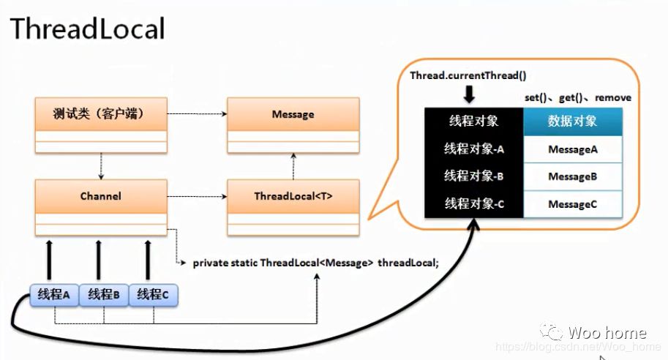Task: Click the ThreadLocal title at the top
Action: click(x=87, y=29)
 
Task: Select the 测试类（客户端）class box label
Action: click(x=99, y=114)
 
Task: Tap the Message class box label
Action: click(x=293, y=114)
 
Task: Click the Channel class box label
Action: click(x=101, y=196)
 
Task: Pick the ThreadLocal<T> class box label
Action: click(x=293, y=196)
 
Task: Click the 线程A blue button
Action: click(x=54, y=295)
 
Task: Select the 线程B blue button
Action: click(x=103, y=295)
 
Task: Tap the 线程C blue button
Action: click(x=153, y=295)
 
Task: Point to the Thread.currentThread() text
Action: click(x=468, y=76)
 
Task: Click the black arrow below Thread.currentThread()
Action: click(x=469, y=94)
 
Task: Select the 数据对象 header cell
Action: click(x=573, y=121)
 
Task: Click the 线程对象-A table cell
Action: click(x=473, y=149)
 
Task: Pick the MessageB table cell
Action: click(x=573, y=176)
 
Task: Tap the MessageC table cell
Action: click(x=573, y=204)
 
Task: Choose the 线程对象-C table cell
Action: click(x=473, y=203)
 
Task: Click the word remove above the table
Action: click(x=613, y=97)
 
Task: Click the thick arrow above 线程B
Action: click(x=99, y=260)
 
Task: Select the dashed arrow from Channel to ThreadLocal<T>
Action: click(x=197, y=196)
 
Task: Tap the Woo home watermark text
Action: click(x=607, y=333)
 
